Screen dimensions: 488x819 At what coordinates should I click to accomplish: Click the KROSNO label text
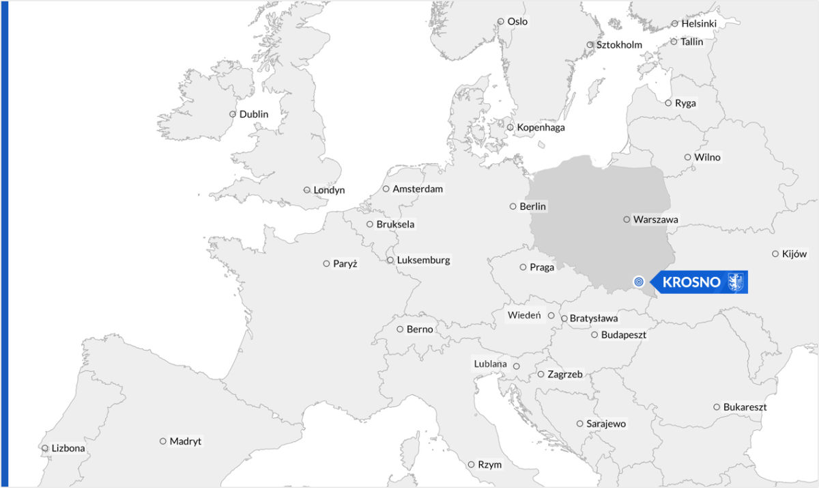[691, 282]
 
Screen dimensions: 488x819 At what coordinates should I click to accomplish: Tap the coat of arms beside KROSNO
[736, 282]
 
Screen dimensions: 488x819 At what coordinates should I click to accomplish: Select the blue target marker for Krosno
[639, 281]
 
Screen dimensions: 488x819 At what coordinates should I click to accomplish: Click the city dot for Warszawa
[627, 219]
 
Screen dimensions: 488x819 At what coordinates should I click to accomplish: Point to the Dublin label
[254, 114]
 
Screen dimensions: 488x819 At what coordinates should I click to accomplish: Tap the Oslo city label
[517, 21]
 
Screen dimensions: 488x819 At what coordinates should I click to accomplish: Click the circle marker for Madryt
[163, 442]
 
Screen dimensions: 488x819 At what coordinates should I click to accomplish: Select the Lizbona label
[68, 448]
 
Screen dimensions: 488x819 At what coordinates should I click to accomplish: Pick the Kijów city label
[794, 254]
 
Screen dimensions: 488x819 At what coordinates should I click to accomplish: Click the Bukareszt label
[745, 407]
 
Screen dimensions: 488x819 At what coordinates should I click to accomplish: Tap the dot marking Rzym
[471, 465]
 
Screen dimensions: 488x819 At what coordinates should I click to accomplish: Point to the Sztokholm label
[619, 45]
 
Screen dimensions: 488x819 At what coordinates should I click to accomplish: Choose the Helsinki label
[699, 23]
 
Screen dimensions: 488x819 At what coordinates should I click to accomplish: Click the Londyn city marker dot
[307, 190]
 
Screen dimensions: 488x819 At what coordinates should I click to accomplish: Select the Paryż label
[345, 263]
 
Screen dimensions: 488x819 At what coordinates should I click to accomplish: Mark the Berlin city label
[533, 206]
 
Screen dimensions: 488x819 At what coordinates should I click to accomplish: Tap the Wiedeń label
[524, 315]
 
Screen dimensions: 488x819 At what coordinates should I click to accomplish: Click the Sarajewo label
[606, 424]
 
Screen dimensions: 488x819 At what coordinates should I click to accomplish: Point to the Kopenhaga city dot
[510, 127]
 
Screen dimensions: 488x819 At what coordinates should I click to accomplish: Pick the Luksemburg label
[423, 260]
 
